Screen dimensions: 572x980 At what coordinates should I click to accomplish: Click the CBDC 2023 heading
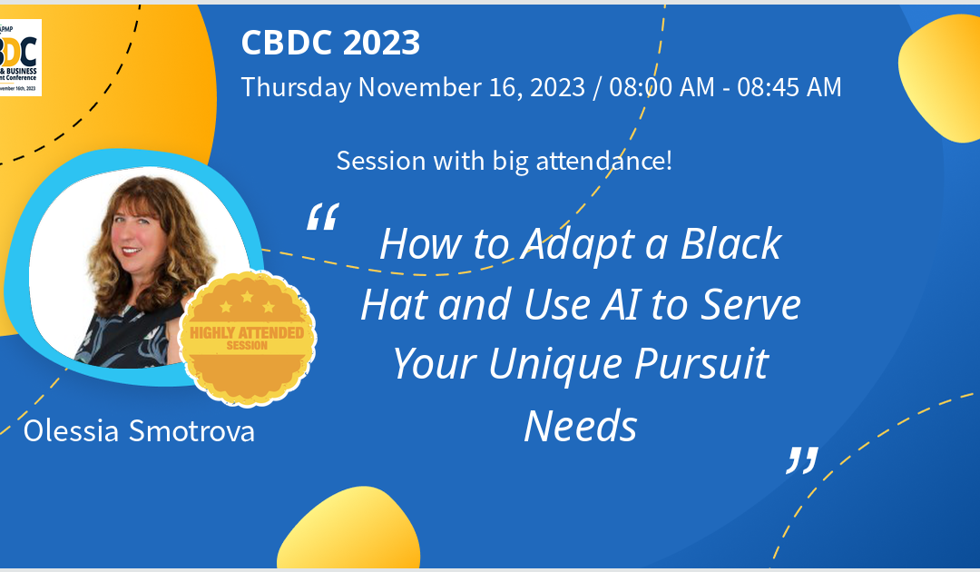coord(330,43)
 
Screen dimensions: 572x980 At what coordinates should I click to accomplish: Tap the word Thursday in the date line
coord(296,87)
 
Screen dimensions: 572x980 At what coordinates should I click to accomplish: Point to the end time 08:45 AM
coord(789,87)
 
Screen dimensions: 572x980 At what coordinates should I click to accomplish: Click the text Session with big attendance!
coord(504,161)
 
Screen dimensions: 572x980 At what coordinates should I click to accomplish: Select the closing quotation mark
coord(801,460)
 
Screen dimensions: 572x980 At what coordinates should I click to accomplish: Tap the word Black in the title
coord(732,244)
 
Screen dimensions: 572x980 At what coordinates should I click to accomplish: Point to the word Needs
coord(581,425)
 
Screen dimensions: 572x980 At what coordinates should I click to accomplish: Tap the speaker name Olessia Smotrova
coord(139,430)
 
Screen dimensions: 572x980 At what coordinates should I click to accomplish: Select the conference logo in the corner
coord(20,57)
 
